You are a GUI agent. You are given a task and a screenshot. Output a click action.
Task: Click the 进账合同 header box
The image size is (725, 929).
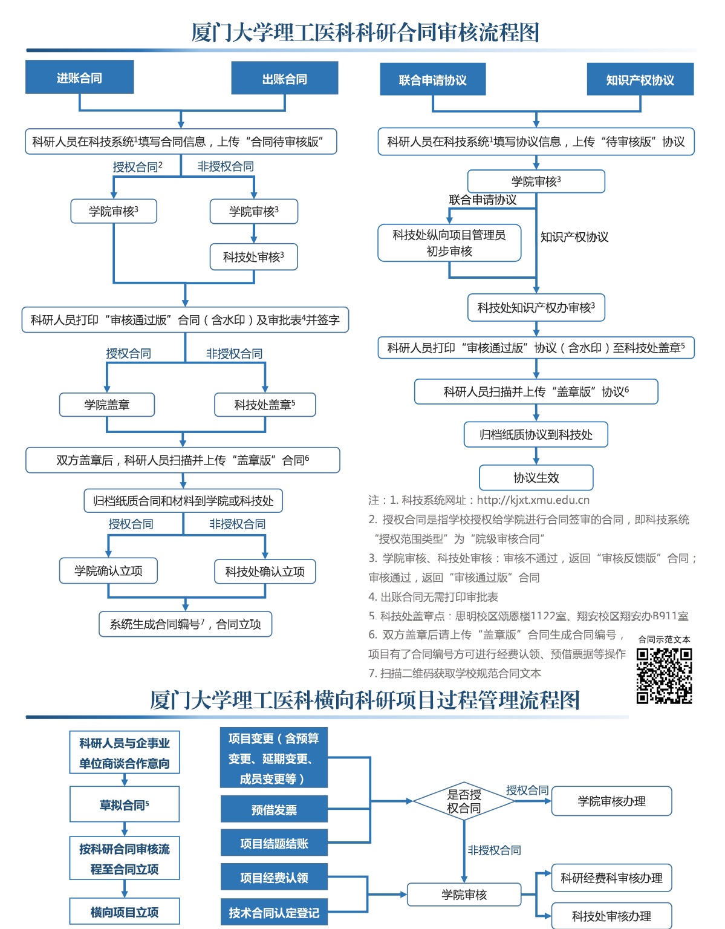pos(79,77)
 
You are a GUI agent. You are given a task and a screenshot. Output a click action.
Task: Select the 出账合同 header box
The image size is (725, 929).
pos(285,78)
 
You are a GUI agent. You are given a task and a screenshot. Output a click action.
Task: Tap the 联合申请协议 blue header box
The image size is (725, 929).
pos(433,79)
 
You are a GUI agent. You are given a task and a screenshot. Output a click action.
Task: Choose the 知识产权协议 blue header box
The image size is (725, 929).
pos(640,79)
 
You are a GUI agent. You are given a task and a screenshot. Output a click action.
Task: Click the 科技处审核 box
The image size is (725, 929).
pos(254,257)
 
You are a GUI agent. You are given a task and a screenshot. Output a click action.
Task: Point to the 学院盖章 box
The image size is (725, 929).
pos(107,405)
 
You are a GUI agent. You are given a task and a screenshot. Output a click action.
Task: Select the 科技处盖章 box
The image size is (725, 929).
pos(265,405)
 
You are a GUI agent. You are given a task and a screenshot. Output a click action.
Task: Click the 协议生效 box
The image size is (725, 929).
pos(536,478)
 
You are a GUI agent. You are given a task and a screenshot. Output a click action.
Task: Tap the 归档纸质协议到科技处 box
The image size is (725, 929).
pos(536,435)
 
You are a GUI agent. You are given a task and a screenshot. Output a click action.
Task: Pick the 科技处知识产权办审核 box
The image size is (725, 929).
pos(536,307)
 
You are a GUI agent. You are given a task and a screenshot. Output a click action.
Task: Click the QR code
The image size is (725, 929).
pos(665,676)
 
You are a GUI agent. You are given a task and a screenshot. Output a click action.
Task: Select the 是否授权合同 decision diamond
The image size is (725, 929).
pos(464,801)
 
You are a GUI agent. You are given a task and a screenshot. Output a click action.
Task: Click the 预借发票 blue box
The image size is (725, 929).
pos(274,809)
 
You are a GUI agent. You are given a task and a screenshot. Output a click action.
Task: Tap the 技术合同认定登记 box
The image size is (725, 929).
pos(274,912)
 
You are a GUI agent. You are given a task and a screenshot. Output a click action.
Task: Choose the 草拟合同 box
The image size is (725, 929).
pos(125,804)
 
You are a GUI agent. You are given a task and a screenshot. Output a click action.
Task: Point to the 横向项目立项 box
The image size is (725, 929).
pos(125,912)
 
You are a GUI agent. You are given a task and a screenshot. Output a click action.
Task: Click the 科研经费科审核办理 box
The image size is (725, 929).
pos(611,878)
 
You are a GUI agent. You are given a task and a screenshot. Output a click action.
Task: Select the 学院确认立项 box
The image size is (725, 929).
pos(108,571)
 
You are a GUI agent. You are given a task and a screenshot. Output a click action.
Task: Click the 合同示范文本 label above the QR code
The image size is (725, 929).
pos(664,639)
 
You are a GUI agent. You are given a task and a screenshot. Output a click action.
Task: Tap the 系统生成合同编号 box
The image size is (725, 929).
pos(186,624)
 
